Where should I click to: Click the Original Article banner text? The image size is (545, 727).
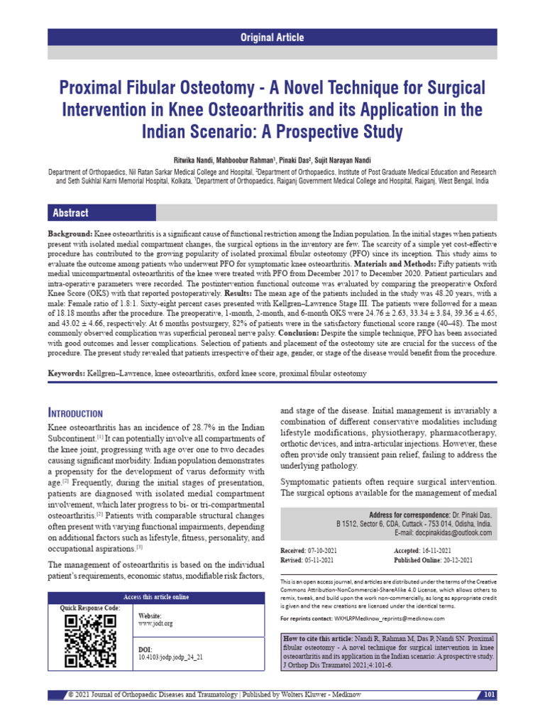tap(272, 38)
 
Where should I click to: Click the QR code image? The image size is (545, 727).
tap(91, 641)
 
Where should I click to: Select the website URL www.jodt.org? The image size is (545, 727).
tap(155, 623)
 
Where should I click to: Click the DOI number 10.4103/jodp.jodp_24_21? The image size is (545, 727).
tap(170, 657)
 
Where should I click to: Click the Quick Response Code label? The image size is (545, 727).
tap(90, 608)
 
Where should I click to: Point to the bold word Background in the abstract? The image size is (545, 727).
tap(69, 234)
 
